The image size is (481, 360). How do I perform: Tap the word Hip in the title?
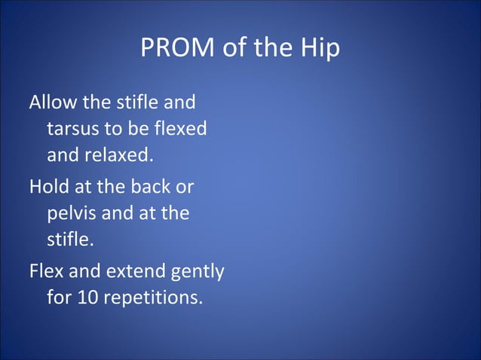click(320, 48)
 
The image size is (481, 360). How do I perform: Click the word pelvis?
click(69, 213)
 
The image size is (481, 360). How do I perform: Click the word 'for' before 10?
click(59, 297)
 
